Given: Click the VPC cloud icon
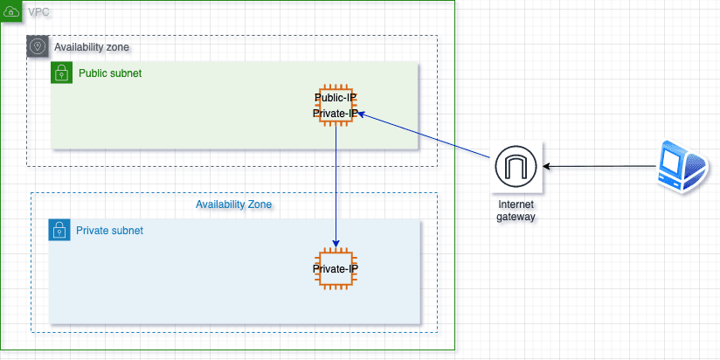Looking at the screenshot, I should click(x=12, y=12).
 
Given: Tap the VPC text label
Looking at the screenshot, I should click(x=39, y=12).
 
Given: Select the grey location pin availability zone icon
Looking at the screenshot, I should click(x=38, y=46).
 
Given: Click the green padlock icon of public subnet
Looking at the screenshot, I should click(x=61, y=73).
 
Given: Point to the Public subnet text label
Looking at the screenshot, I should click(x=110, y=73).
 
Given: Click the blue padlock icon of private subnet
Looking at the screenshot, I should click(x=59, y=231).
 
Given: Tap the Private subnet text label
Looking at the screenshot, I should click(x=109, y=231).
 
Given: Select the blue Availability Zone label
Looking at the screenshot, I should click(x=233, y=204).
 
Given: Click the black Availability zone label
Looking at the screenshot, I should click(x=93, y=46).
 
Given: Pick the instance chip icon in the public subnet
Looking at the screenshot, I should click(x=336, y=106).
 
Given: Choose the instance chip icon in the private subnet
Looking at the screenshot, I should click(x=336, y=268).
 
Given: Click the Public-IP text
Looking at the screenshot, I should click(x=336, y=98).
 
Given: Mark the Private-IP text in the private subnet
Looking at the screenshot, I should click(x=336, y=268).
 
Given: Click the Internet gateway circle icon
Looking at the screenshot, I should click(x=515, y=166).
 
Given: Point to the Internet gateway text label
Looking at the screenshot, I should click(x=515, y=210).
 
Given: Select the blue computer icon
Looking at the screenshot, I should click(x=680, y=165).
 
